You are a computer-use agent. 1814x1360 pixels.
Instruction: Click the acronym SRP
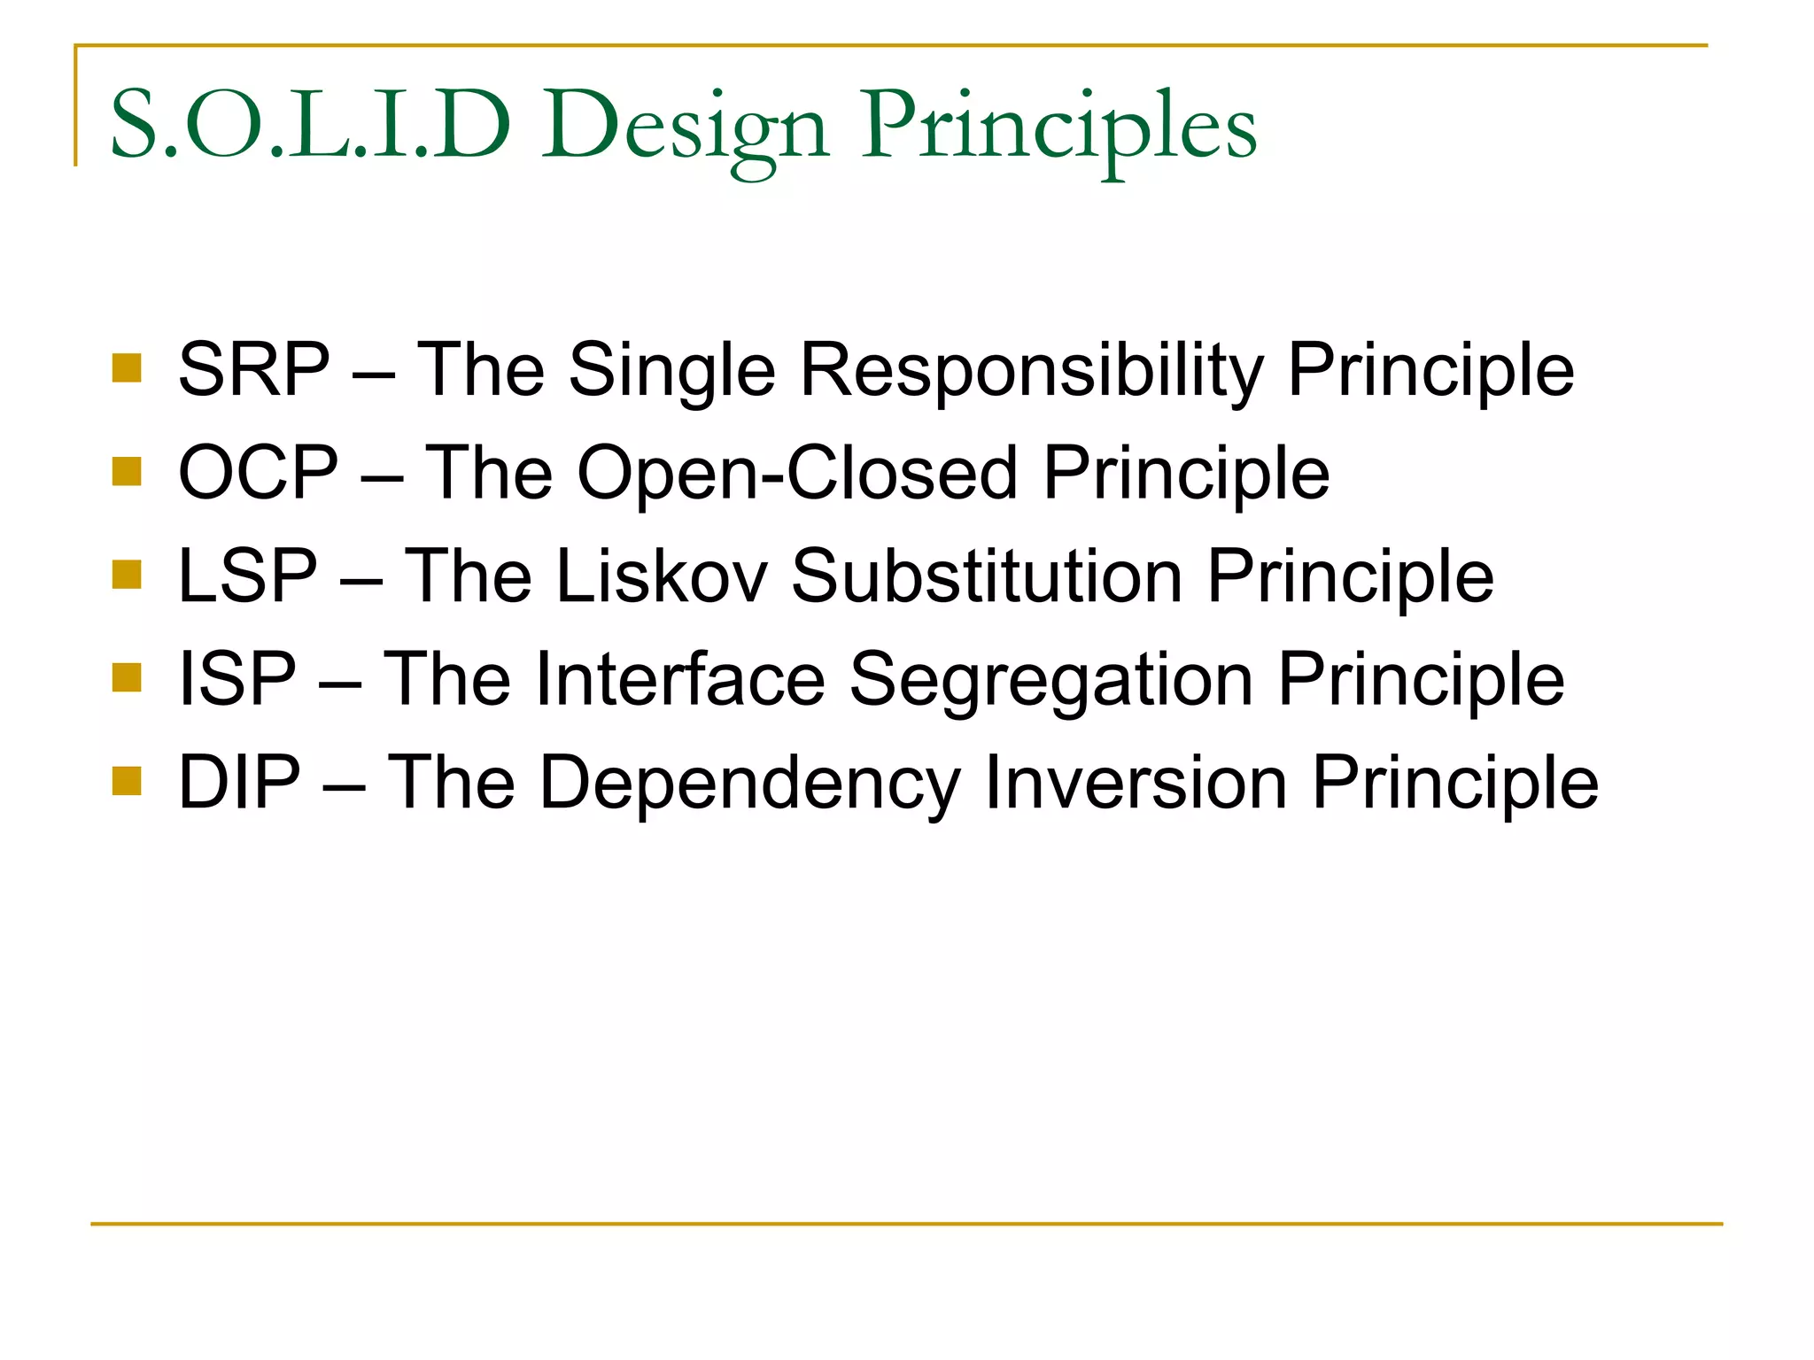254,369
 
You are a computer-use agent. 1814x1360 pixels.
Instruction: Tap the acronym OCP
258,473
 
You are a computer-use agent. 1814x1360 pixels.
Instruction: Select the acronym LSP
247,576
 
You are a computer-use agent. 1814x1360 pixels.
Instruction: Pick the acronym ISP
236,679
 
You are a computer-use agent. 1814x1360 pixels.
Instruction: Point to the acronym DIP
239,783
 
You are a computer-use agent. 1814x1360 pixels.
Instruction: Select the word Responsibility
1031,370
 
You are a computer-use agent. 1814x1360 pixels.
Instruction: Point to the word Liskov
662,576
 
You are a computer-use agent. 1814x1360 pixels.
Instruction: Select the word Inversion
1136,783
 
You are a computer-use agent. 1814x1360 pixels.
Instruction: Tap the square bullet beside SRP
128,368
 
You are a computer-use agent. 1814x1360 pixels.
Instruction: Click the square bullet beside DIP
128,782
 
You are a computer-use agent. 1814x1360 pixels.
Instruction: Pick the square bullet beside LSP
128,575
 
